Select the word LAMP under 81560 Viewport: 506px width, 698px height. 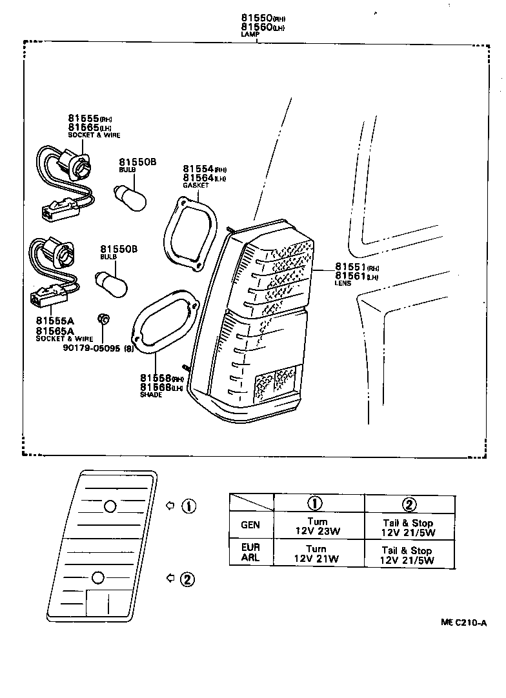(x=250, y=34)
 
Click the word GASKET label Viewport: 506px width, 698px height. (x=196, y=185)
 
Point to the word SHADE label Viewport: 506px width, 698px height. (x=151, y=394)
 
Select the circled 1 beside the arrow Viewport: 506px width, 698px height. (x=188, y=506)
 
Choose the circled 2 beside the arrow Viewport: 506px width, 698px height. (x=187, y=579)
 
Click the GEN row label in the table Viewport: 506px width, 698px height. (x=250, y=525)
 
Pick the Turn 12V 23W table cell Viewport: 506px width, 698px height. (x=318, y=526)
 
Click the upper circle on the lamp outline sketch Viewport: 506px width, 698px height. (x=110, y=506)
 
